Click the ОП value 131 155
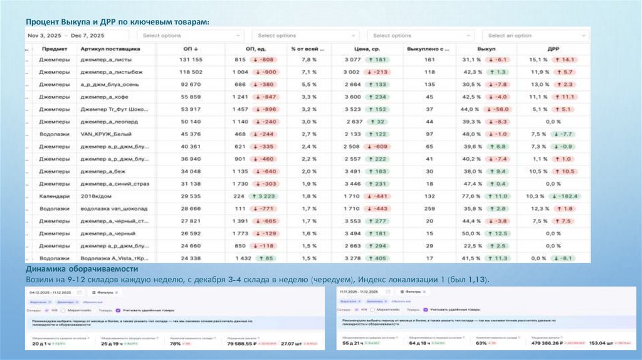click(191, 60)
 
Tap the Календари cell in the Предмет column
click(55, 196)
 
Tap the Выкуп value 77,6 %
click(473, 196)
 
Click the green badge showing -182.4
click(564, 196)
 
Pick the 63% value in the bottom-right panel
click(481, 344)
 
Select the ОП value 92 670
click(191, 85)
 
